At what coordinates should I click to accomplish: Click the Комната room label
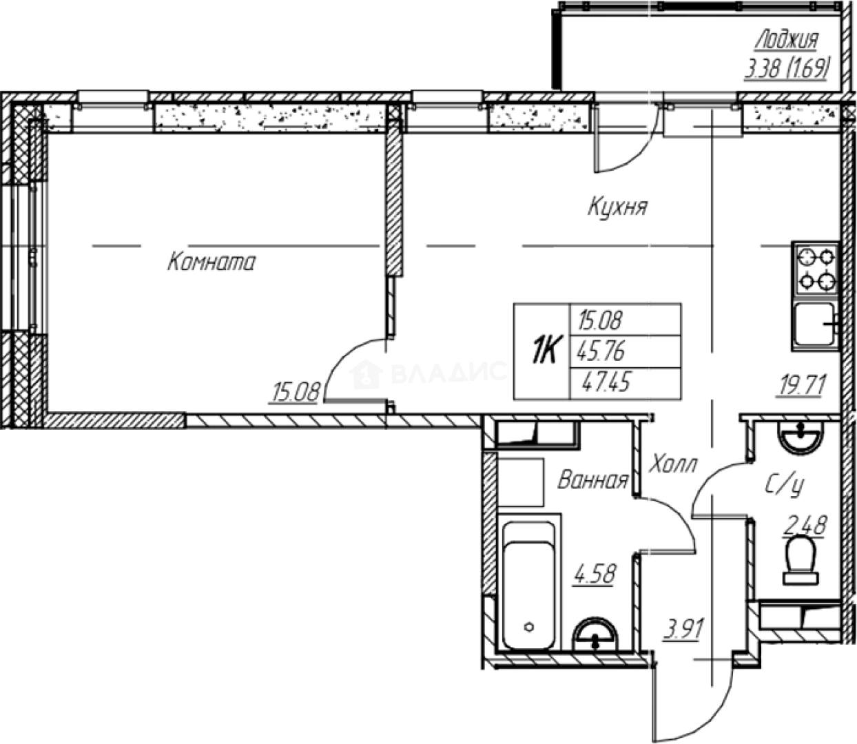(211, 262)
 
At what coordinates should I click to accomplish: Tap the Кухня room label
(617, 207)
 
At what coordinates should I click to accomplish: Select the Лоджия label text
(786, 41)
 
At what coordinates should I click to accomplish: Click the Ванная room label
(592, 480)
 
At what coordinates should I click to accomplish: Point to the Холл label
(672, 465)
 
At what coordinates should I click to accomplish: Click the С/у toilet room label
(784, 486)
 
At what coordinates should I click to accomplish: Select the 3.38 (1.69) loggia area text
(785, 69)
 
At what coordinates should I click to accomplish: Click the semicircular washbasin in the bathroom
(595, 634)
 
